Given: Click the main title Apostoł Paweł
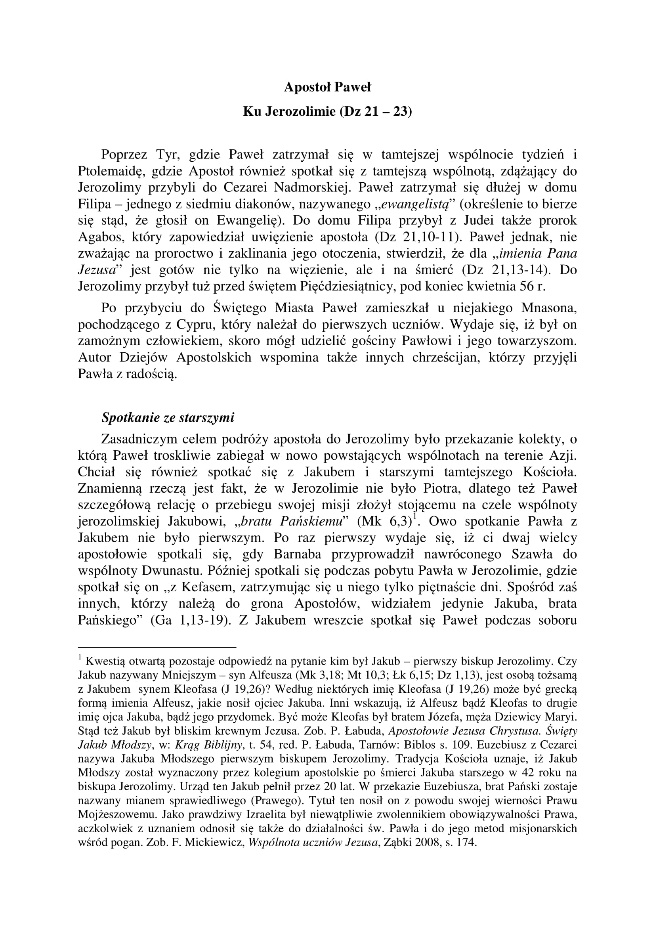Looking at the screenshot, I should (x=327, y=87).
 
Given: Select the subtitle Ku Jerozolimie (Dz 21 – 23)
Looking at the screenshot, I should (x=327, y=111).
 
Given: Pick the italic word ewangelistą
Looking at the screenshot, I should (x=412, y=204).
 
